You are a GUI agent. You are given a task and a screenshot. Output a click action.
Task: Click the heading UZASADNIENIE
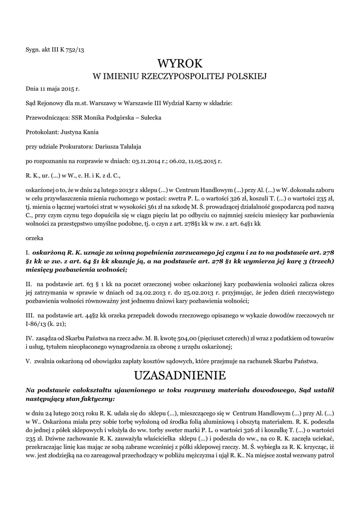tap(180, 374)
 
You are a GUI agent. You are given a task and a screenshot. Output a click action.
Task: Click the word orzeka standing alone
tap(34, 238)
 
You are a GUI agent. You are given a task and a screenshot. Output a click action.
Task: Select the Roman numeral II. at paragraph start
tap(29, 284)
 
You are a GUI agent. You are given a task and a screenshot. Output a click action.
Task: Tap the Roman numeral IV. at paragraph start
tap(29, 338)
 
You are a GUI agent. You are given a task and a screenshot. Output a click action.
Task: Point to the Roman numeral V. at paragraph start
tap(28, 360)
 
